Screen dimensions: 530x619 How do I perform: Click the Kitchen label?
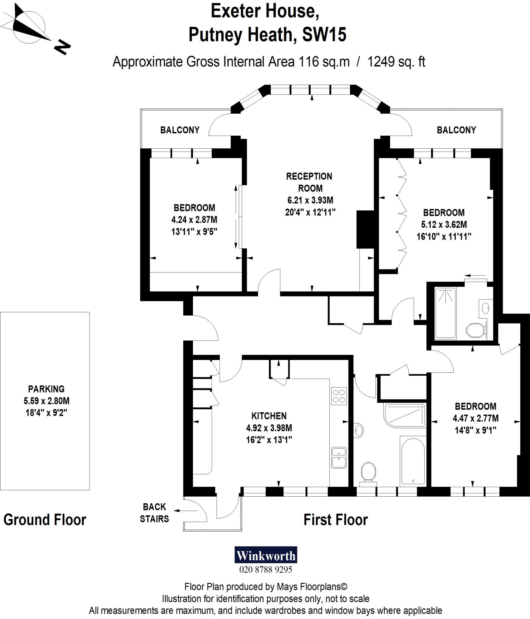click(x=269, y=416)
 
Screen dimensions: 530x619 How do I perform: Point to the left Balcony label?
click(x=180, y=130)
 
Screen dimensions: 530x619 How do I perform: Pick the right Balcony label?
click(x=456, y=130)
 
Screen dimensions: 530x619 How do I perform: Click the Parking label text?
click(x=46, y=389)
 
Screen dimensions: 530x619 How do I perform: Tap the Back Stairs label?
click(x=154, y=513)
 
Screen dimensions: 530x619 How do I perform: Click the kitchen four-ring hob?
click(x=339, y=396)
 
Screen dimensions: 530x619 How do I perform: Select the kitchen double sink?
click(x=339, y=457)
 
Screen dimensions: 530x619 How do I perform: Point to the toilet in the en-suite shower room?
click(x=475, y=330)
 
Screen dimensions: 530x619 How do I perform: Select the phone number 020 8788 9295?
click(x=266, y=570)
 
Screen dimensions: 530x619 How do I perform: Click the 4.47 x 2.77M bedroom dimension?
click(x=476, y=418)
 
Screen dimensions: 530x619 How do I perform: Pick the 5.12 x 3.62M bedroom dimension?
click(x=444, y=224)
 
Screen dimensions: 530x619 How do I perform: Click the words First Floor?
click(x=335, y=520)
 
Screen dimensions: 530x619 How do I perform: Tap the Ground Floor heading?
click(x=45, y=520)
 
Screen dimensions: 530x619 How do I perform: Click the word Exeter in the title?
click(x=235, y=11)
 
